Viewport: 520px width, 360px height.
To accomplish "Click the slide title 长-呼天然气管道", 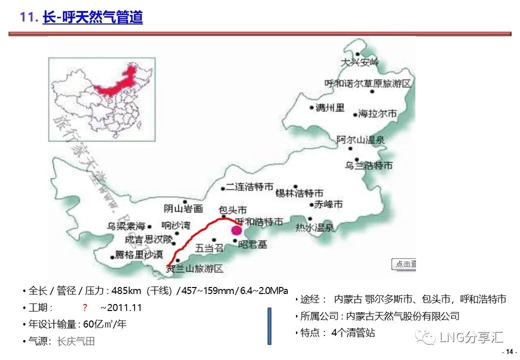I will pos(92,17).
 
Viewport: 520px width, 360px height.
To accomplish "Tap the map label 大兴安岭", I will pos(359,62).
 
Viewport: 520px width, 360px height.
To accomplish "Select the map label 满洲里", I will pos(330,107).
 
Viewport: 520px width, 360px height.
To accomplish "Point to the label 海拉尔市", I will pos(377,114).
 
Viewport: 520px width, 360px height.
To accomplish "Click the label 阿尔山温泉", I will pos(360,140).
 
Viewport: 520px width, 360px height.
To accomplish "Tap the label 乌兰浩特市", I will pos(368,165).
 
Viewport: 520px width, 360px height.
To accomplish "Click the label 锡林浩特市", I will pos(299,192).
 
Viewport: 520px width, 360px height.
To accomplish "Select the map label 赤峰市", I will pos(328,204).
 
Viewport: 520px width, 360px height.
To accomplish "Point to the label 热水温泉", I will pos(314,227).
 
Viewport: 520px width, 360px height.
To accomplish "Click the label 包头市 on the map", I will pos(232,210).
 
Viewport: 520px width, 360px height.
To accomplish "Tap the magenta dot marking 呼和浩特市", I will pos(236,230).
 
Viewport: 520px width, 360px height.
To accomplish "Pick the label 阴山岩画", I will pos(183,208).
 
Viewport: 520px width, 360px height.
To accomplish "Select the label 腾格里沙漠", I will pos(139,255).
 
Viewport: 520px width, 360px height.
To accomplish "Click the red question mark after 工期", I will pos(85,307).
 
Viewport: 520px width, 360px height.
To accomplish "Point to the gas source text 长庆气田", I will pos(76,341).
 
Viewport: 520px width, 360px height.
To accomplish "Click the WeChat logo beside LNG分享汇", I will pos(428,338).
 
